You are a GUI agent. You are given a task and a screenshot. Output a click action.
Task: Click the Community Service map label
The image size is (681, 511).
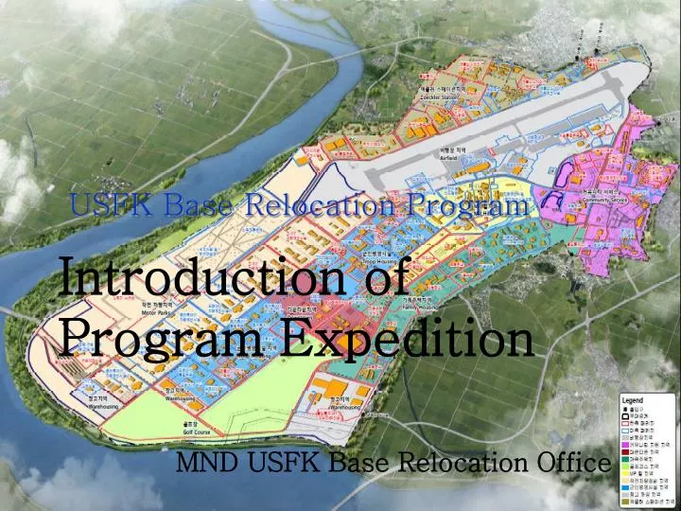[x=606, y=200]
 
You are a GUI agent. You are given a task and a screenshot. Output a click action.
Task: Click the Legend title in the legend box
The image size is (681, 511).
[x=633, y=400]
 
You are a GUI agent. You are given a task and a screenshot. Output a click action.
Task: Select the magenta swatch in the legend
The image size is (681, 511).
[x=625, y=445]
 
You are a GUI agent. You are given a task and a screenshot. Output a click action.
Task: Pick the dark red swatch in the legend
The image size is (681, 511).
[x=625, y=452]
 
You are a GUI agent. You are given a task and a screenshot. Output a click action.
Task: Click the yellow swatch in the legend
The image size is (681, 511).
[x=625, y=473]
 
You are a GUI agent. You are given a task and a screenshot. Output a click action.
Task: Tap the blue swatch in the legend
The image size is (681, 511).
[x=625, y=487]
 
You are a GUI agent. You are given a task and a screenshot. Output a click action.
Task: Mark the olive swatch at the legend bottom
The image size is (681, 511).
[x=625, y=502]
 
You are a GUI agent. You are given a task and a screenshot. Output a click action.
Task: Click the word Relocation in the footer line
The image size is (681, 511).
[x=453, y=463]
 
